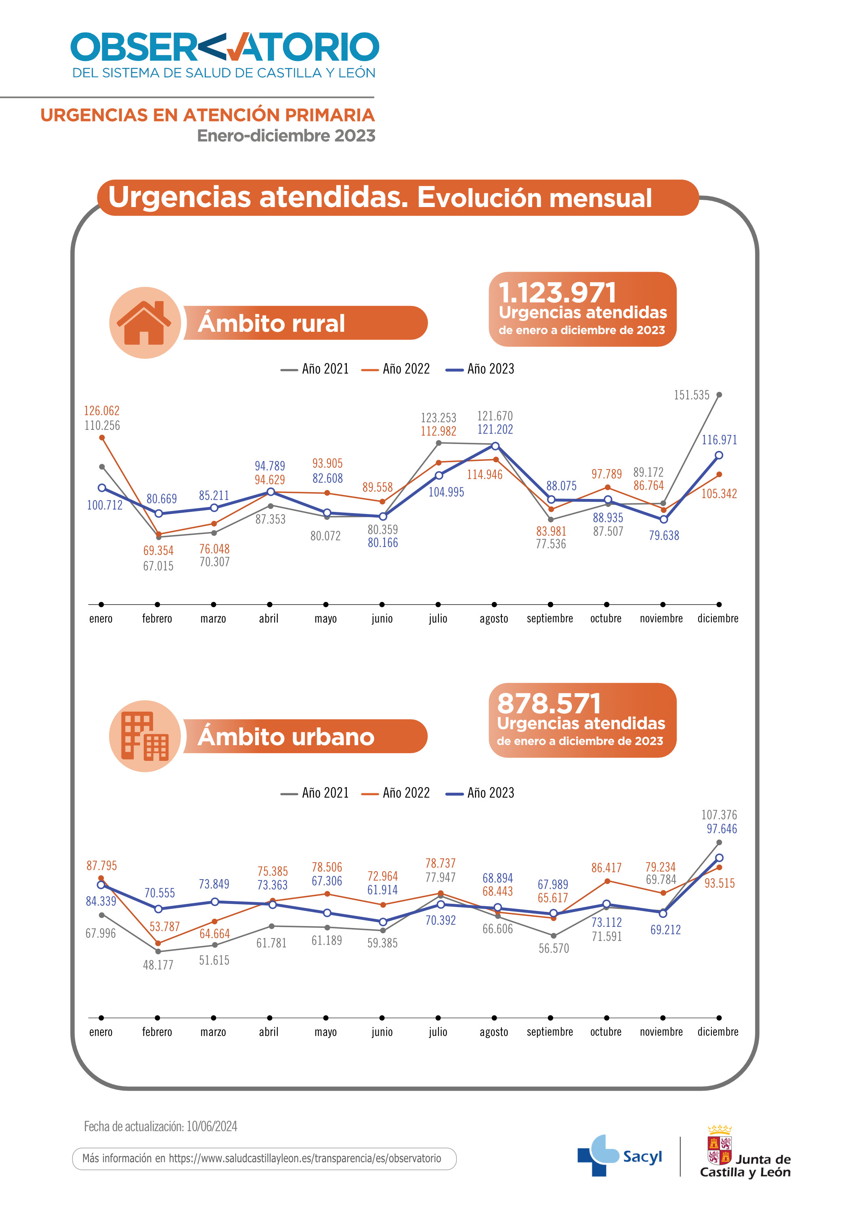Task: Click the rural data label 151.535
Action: (691, 395)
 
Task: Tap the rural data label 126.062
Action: (102, 411)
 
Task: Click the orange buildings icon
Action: (145, 736)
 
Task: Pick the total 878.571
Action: (549, 704)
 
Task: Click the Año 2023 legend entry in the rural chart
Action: (480, 369)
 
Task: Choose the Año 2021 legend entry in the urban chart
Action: (315, 793)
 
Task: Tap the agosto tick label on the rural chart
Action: (494, 619)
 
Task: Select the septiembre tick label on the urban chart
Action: (550, 1032)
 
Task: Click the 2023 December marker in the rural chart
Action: (719, 455)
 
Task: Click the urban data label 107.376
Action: (719, 815)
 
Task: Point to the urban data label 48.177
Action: (158, 965)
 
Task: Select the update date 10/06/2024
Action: (212, 1127)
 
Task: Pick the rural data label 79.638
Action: (664, 536)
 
